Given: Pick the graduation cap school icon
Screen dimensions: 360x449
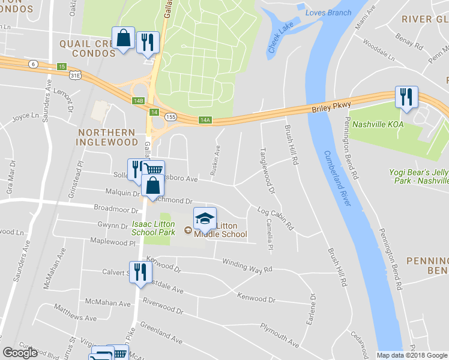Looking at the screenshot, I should click(x=205, y=218).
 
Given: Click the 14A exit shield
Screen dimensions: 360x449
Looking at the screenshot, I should click(x=205, y=120).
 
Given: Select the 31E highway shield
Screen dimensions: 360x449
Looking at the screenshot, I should click(x=74, y=75).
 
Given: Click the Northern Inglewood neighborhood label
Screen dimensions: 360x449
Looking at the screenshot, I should click(x=106, y=137).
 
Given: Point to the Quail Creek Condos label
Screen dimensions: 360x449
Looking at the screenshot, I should click(x=87, y=48).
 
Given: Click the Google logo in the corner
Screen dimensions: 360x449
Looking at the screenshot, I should click(x=20, y=353).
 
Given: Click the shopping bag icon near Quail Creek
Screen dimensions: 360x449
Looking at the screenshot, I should click(x=122, y=38).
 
